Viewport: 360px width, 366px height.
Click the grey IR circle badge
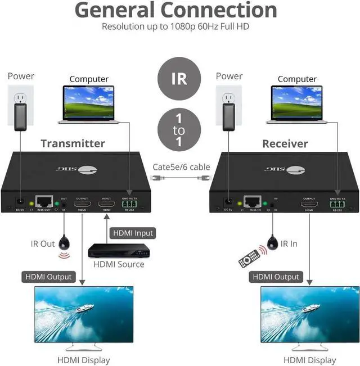[179, 77]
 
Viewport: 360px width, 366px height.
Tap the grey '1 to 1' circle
[179, 130]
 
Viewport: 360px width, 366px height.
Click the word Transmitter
[73, 143]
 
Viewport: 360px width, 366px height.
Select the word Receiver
[285, 143]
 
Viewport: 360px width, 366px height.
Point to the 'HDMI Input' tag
[133, 233]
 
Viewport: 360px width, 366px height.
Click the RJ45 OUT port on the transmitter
[43, 201]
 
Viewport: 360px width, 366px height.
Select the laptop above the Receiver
[298, 103]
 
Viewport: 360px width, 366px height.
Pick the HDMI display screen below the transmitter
[84, 314]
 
